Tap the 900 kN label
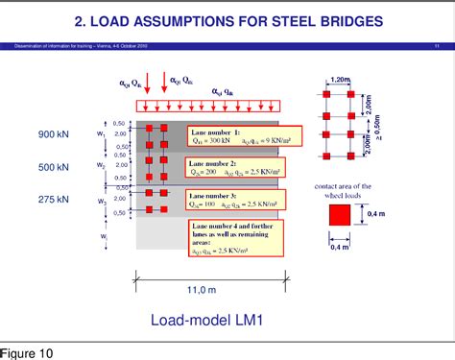54,134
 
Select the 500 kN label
54,166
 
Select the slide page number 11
437,45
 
